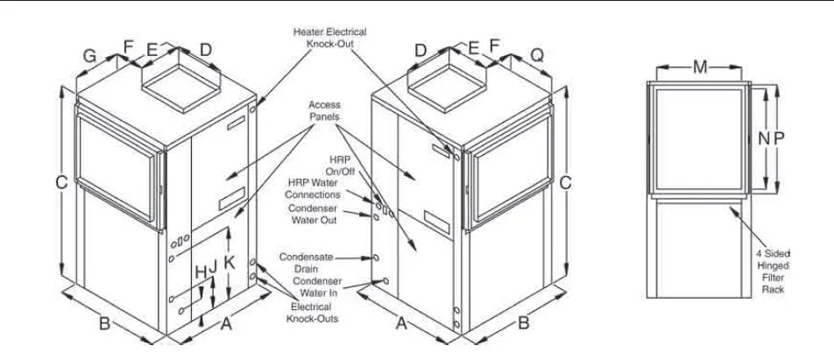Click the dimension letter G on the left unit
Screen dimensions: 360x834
89,56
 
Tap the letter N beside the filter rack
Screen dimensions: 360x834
762,138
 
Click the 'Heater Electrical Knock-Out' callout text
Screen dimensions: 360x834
329,38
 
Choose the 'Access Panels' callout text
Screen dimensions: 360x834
324,110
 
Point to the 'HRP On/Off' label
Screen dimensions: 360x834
340,166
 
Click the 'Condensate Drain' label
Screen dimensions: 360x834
307,263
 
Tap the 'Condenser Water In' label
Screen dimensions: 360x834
319,287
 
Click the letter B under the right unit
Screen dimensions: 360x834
524,322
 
